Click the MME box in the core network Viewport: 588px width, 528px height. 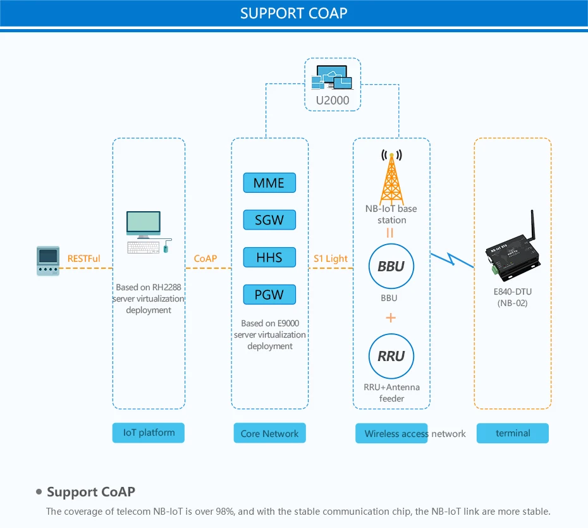coord(269,183)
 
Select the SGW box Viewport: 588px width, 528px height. coord(269,220)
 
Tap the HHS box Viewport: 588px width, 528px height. coord(269,257)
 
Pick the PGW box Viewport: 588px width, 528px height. coord(269,295)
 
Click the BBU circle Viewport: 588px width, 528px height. coord(391,267)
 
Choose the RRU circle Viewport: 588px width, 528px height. coord(391,356)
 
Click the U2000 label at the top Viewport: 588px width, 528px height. coord(333,100)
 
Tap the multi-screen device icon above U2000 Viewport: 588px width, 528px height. coord(333,78)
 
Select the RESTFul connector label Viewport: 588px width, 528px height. coord(83,258)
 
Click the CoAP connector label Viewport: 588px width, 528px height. coord(205,258)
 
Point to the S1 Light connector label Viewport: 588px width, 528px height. coord(331,258)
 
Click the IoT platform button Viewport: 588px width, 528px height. coord(149,433)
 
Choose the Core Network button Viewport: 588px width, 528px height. coord(269,434)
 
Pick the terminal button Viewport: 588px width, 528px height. coord(513,433)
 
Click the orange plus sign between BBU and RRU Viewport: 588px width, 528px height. coord(391,317)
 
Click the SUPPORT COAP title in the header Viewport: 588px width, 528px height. coord(294,13)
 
